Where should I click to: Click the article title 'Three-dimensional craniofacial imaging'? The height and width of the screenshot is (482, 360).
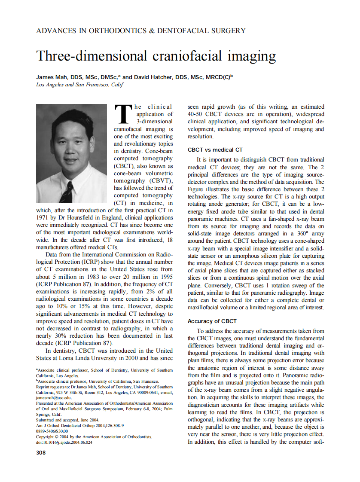pyautogui.click(x=156, y=56)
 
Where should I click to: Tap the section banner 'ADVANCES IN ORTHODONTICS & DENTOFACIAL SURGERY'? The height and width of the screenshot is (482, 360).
pyautogui.click(x=141, y=31)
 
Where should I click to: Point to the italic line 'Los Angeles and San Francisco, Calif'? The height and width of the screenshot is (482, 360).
pyautogui.click(x=79, y=85)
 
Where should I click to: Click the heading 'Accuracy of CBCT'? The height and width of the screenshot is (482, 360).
pyautogui.click(x=212, y=321)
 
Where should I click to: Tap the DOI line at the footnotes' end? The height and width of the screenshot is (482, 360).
pyautogui.click(x=64, y=442)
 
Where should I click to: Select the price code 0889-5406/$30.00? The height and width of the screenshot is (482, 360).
pyautogui.click(x=52, y=431)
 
